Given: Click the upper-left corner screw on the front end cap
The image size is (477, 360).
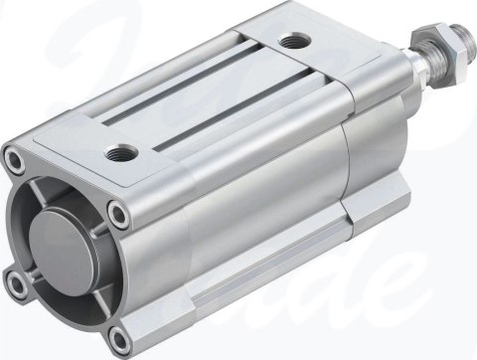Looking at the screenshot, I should coord(13,157).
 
